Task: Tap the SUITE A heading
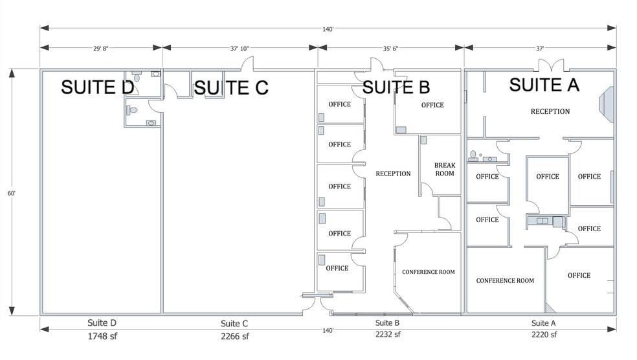(544, 84)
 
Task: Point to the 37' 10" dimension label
(240, 47)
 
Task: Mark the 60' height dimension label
(11, 192)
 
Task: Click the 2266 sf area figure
(234, 335)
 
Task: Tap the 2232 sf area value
(387, 335)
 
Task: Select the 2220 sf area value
(543, 335)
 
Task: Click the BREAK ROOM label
(445, 170)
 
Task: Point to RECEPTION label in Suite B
(393, 174)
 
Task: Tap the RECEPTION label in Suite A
(550, 111)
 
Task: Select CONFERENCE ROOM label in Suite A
(505, 280)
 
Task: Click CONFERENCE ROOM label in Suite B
(428, 272)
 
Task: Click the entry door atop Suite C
(246, 64)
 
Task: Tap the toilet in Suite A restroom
(473, 155)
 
